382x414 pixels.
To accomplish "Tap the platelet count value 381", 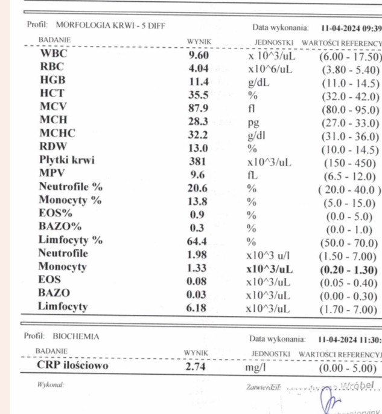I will click(x=198, y=162).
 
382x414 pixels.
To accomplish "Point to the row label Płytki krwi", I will click(x=67, y=161).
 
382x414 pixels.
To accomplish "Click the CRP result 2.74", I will click(x=199, y=367).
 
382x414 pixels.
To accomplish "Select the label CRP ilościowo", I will click(x=73, y=366).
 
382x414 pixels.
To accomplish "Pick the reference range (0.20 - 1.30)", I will click(x=348, y=270).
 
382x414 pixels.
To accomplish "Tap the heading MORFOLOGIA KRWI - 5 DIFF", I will click(x=110, y=25).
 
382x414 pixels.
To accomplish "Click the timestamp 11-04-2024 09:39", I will click(x=351, y=28).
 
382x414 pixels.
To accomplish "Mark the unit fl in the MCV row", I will click(x=252, y=109).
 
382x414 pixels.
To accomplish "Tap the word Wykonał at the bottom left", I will click(x=50, y=384).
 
